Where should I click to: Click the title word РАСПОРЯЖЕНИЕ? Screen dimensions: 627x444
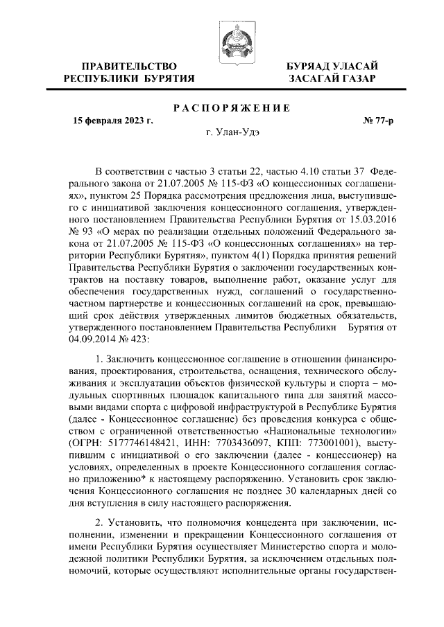[232, 109]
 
